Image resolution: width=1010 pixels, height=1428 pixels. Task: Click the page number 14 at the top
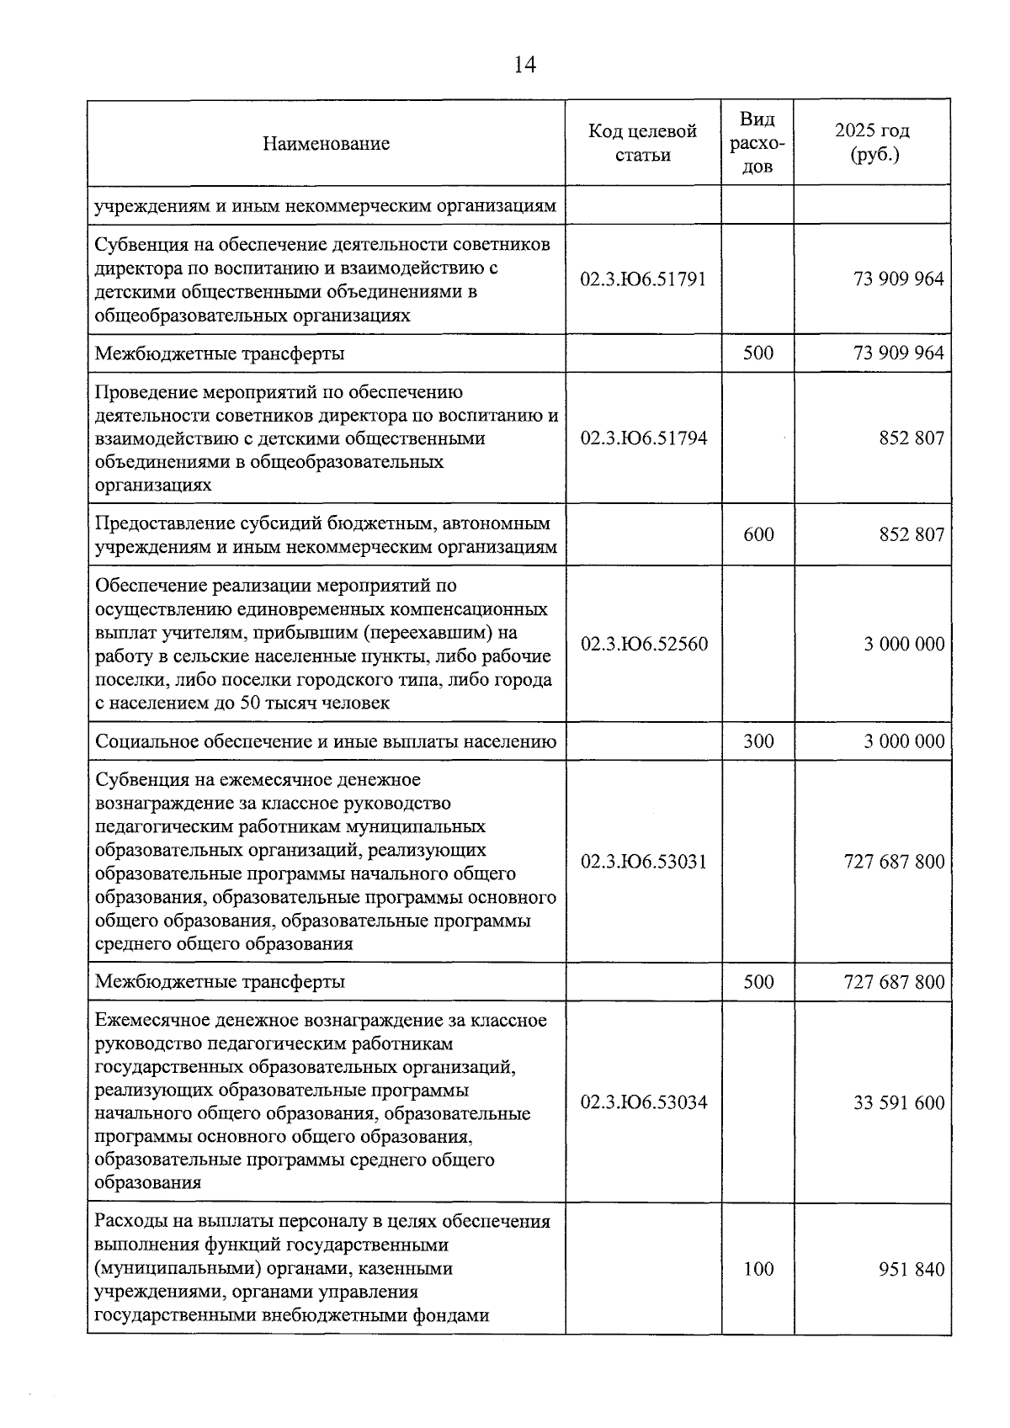524,65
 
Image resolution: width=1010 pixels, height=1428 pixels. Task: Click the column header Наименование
326,144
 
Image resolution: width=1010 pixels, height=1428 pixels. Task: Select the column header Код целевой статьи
643,143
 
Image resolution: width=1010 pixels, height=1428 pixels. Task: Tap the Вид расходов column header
757,143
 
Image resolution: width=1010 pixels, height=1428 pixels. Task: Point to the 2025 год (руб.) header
873,143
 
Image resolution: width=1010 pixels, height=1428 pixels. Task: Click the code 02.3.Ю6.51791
643,279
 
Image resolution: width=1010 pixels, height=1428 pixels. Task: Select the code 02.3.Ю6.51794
643,438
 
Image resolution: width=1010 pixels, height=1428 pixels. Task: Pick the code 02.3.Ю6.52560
643,645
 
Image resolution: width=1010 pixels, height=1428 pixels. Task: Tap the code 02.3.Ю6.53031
643,863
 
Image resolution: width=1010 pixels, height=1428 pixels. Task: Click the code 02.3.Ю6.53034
643,1103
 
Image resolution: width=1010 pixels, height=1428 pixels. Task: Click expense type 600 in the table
758,535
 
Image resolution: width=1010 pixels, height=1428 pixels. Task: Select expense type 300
758,742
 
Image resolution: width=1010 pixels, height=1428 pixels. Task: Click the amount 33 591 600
898,1103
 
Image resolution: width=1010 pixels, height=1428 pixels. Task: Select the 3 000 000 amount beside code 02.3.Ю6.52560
904,645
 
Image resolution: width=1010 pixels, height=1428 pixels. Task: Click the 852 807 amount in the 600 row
912,535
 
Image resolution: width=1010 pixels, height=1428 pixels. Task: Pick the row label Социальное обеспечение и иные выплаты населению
326,742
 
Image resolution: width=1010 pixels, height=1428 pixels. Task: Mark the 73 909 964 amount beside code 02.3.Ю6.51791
898,279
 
